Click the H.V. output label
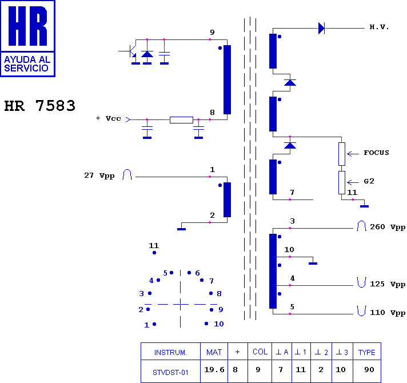pyautogui.click(x=379, y=27)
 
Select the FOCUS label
pyautogui.click(x=376, y=153)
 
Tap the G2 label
pyautogui.click(x=369, y=181)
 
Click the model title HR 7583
pyautogui.click(x=39, y=106)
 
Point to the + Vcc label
pyautogui.click(x=108, y=118)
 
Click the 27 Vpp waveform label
pyautogui.click(x=99, y=175)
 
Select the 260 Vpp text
pyautogui.click(x=388, y=227)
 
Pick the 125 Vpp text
pyautogui.click(x=388, y=284)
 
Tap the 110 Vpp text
pyautogui.click(x=388, y=313)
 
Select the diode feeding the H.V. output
pyautogui.click(x=321, y=28)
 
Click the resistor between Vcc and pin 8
pyautogui.click(x=181, y=120)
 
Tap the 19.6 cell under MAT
pyautogui.click(x=214, y=369)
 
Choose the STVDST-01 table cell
pyautogui.click(x=170, y=373)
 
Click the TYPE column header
pyautogui.click(x=367, y=352)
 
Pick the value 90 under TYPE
pyautogui.click(x=369, y=369)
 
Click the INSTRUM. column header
pyautogui.click(x=170, y=352)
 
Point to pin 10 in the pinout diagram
pyautogui.click(x=206, y=324)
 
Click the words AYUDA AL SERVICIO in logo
pyautogui.click(x=27, y=63)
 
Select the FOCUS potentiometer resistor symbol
pyautogui.click(x=342, y=154)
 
